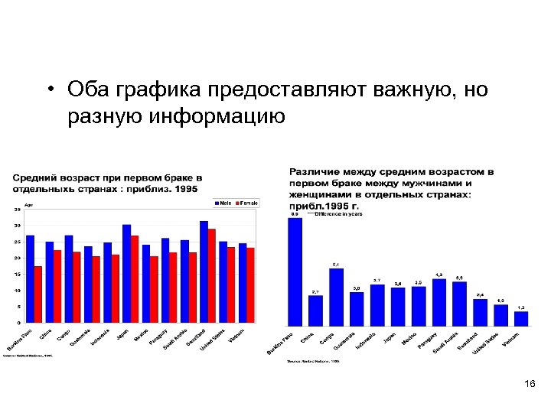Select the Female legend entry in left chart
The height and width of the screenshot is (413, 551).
pyautogui.click(x=247, y=203)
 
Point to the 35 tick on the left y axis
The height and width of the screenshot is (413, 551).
pyautogui.click(x=18, y=210)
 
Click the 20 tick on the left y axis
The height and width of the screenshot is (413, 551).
pyautogui.click(x=18, y=259)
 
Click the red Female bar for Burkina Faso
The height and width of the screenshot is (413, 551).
pyautogui.click(x=38, y=294)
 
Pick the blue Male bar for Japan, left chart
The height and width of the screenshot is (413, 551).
pyautogui.click(x=126, y=274)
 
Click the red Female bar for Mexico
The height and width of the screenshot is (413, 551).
pyautogui.click(x=154, y=289)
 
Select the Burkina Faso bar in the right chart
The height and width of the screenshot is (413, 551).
pyautogui.click(x=295, y=272)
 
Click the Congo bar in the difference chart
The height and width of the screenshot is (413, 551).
pyautogui.click(x=336, y=297)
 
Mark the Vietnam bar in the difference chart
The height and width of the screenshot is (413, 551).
pyautogui.click(x=521, y=318)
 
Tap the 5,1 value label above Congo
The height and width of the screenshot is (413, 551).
pyautogui.click(x=335, y=264)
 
